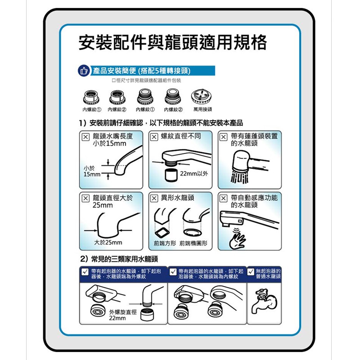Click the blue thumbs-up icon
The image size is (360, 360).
[x=84, y=71]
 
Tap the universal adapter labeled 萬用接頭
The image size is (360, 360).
[x=201, y=96]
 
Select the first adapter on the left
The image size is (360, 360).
[x=91, y=97]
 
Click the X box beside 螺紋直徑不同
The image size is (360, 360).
[x=154, y=137]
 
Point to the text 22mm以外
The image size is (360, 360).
[x=194, y=174]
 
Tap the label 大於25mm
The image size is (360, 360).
[x=108, y=243]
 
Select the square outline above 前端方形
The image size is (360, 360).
[x=162, y=233]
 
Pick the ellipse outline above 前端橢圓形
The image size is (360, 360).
[x=193, y=233]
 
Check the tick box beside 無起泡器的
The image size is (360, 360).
[x=251, y=272]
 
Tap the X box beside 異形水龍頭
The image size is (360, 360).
[x=154, y=198]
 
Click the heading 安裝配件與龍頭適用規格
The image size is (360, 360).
[x=172, y=42]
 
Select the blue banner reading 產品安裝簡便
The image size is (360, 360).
[x=153, y=71]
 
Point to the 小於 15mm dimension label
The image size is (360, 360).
[x=92, y=171]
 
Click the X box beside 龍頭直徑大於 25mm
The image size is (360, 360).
[x=85, y=198]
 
